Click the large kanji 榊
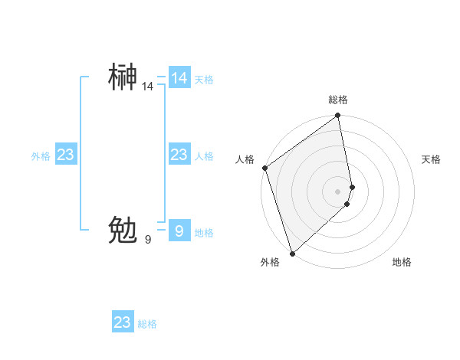(123, 77)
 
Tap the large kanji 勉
(123, 230)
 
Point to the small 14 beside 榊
(147, 87)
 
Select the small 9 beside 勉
(148, 240)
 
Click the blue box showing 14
(179, 78)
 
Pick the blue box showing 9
(179, 231)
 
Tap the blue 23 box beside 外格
(65, 155)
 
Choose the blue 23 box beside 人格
(179, 155)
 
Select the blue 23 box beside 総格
(122, 322)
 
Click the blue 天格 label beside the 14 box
(204, 80)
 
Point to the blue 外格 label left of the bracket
(41, 156)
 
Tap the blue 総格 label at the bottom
(147, 324)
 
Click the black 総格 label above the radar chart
(338, 100)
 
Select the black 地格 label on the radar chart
(402, 263)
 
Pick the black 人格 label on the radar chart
(245, 159)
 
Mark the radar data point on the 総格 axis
(338, 116)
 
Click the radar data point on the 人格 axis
(264, 168)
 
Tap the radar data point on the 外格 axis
(292, 254)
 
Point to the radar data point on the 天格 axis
(353, 187)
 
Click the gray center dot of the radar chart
(338, 191)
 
